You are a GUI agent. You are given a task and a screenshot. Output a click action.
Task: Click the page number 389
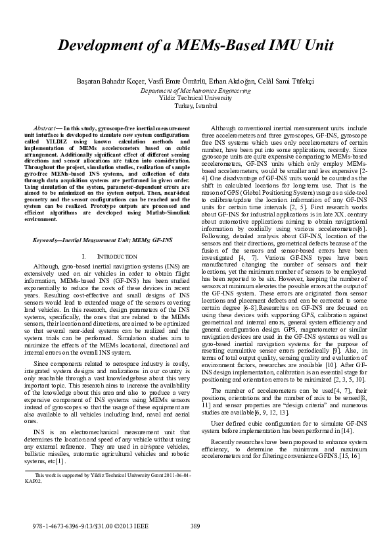click(195, 525)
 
